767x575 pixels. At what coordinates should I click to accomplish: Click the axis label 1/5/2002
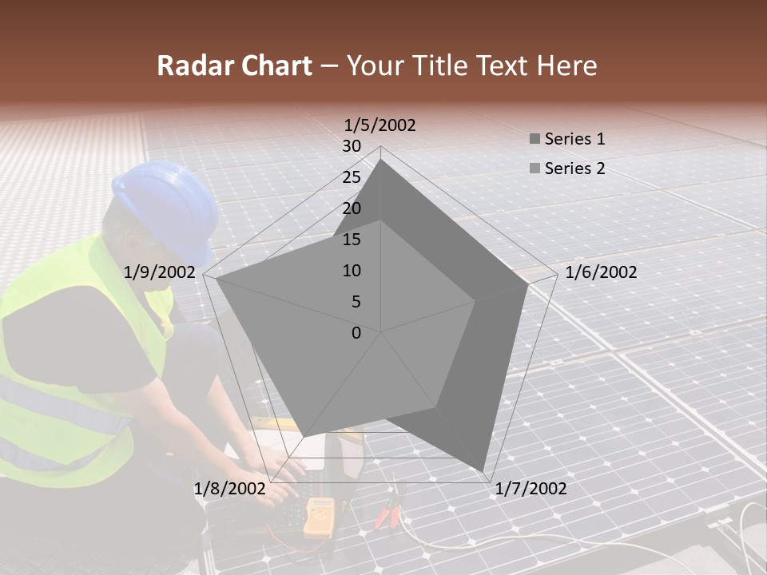tap(380, 125)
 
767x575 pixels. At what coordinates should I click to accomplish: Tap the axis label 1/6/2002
tap(601, 272)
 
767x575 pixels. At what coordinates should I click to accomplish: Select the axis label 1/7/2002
tap(531, 489)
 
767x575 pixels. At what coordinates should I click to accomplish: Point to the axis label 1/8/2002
tap(229, 489)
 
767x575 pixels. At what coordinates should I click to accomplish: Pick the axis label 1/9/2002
tap(160, 272)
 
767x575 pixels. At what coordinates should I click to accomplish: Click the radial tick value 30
tap(352, 146)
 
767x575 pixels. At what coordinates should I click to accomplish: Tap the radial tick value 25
tap(352, 177)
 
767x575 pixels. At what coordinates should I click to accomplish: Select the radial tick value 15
tap(352, 240)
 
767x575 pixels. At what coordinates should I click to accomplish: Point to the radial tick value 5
tap(356, 302)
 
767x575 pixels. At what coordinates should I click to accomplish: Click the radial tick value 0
tap(356, 333)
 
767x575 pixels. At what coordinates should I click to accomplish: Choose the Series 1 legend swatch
tap(535, 140)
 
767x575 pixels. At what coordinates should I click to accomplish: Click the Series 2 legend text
tap(574, 169)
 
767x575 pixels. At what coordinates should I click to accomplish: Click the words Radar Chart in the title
tap(234, 65)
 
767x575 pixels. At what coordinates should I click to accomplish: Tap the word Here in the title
tap(566, 65)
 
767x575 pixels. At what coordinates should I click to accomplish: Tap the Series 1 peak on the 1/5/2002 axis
tap(380, 160)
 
